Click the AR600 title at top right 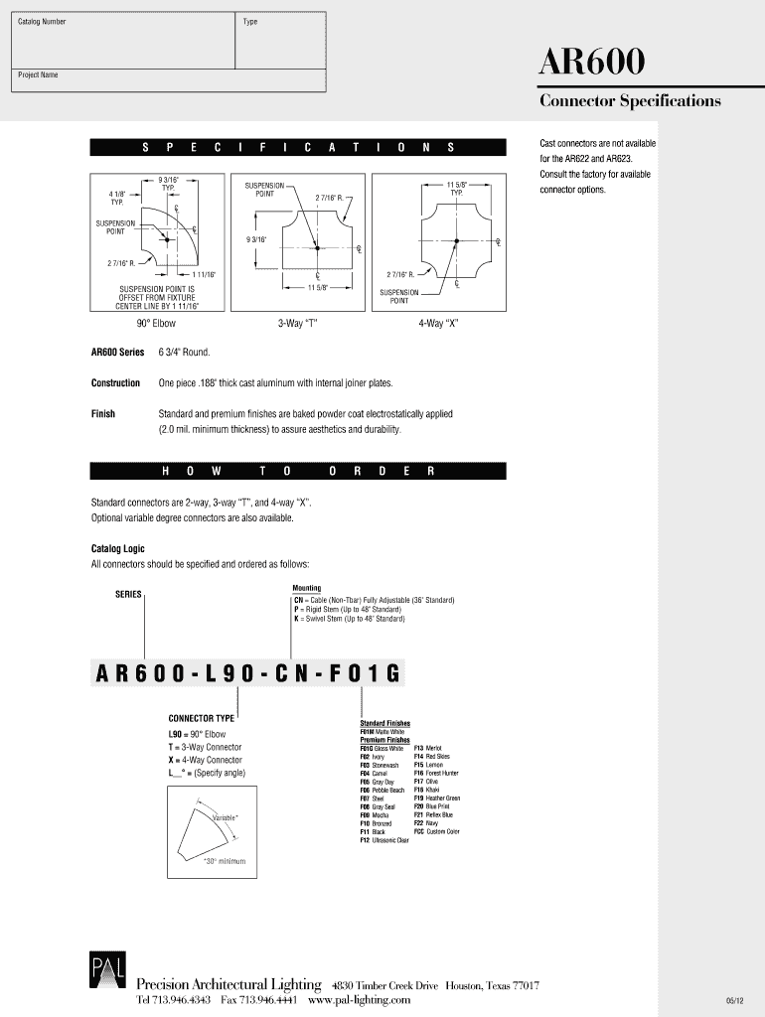click(x=593, y=64)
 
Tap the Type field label click(x=250, y=21)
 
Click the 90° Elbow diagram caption click(x=156, y=324)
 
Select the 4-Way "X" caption click(x=438, y=324)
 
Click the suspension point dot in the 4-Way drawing click(x=456, y=241)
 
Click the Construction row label click(x=115, y=383)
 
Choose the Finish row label click(x=103, y=414)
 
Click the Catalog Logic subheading click(x=117, y=549)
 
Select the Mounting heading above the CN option click(x=306, y=588)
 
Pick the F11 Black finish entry click(x=373, y=831)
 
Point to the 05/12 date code click(x=736, y=1000)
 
